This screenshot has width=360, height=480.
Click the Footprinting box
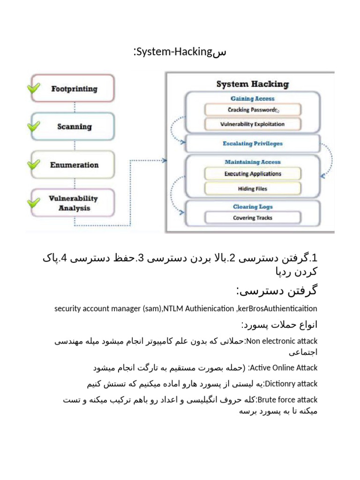(74, 89)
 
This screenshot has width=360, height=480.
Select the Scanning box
(74, 127)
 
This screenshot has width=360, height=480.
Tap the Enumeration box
(74, 165)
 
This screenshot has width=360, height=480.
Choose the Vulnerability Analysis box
(74, 203)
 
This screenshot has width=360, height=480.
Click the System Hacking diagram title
(252, 84)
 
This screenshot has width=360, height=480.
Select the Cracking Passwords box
(252, 110)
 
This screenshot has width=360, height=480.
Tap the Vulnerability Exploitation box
(252, 124)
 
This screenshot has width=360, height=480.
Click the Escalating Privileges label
(252, 143)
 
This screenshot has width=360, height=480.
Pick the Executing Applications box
(252, 173)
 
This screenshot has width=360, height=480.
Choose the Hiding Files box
(252, 188)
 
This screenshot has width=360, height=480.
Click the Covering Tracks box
(252, 217)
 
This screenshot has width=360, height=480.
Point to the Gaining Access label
(252, 98)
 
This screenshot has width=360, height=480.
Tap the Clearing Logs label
(252, 207)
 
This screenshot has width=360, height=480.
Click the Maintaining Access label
(252, 162)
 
